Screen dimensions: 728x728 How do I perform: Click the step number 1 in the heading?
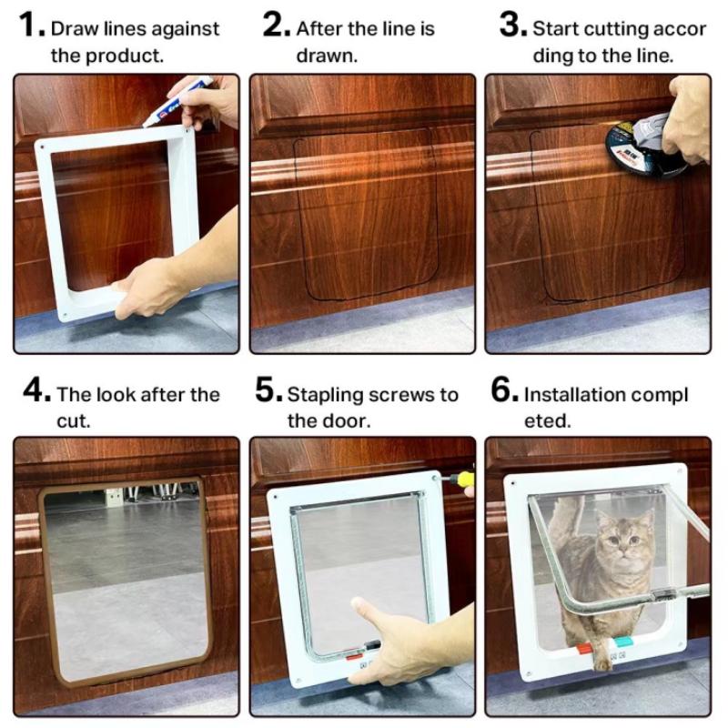coord(30,25)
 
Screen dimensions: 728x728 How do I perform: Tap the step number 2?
coord(276,25)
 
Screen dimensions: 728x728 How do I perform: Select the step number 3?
coord(512,25)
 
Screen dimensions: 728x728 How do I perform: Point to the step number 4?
coord(35,392)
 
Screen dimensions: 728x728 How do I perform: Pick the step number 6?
coord(504,392)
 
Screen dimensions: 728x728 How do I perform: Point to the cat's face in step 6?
coord(623,543)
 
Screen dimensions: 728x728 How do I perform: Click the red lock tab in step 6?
coord(582,650)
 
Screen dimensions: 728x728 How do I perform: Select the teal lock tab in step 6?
coord(622,642)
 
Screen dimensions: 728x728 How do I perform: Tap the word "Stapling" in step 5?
coord(325,395)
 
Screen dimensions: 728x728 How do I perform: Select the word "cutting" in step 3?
coord(612,29)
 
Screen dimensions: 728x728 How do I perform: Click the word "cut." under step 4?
coord(71,421)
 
